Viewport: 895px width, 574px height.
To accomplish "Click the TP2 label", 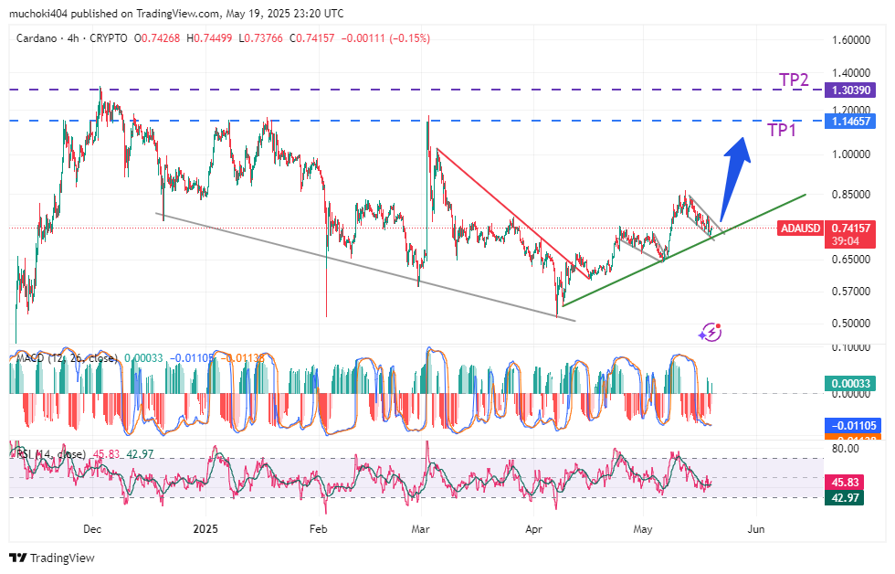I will point(794,80).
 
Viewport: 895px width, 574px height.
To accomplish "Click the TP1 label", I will point(783,130).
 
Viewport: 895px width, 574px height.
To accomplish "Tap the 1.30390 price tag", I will point(849,90).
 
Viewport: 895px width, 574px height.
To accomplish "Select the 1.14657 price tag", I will point(849,122).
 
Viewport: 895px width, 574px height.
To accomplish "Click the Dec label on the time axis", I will point(92,529).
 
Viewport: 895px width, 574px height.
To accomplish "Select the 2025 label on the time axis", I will point(206,529).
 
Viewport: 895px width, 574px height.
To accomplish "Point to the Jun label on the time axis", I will point(755,529).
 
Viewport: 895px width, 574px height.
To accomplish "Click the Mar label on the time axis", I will point(421,529).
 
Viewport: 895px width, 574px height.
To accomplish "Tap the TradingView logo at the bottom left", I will point(52,558).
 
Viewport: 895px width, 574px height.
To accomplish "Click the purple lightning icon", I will point(710,333).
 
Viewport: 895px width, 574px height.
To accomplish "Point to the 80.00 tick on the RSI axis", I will point(845,449).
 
